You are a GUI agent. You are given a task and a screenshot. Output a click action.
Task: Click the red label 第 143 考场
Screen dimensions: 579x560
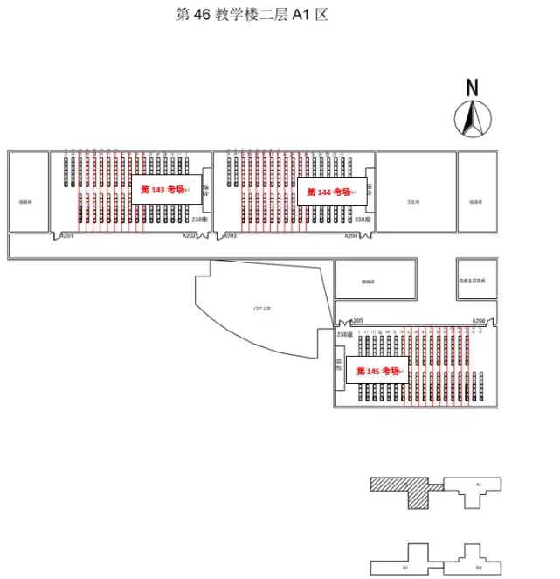point(162,190)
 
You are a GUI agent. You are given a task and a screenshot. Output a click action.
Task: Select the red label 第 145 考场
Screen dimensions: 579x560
point(377,371)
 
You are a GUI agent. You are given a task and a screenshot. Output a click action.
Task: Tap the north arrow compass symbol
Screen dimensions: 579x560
point(473,118)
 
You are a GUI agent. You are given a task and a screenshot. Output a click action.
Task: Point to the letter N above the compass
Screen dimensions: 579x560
point(472,87)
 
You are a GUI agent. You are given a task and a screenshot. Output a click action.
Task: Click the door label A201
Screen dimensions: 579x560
point(66,236)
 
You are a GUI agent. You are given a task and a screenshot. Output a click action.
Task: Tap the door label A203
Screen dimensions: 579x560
point(230,236)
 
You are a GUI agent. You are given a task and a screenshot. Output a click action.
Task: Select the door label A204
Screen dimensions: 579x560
point(351,236)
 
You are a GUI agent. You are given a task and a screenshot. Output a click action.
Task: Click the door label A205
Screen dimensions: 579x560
point(356,321)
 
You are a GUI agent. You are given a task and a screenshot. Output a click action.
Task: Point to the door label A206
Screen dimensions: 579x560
point(479,321)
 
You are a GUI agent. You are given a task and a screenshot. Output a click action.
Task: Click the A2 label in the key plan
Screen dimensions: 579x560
point(478,484)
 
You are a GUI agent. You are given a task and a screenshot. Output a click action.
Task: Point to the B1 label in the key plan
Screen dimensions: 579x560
point(405,569)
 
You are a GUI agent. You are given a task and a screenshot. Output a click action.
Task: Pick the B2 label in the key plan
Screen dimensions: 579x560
point(478,569)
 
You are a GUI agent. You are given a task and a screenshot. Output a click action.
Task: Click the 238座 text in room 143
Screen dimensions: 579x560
point(200,220)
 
